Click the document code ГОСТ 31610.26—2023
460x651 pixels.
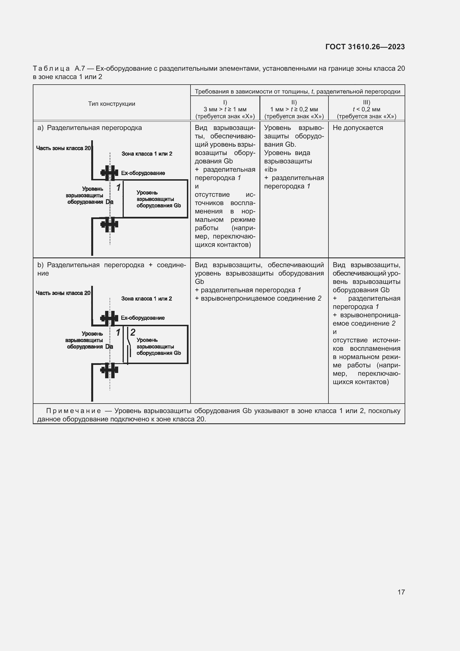point(365,47)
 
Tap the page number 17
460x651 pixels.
point(401,592)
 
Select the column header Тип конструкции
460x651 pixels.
point(112,104)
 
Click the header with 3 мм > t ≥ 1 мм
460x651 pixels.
point(225,109)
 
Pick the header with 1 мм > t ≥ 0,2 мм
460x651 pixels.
point(294,109)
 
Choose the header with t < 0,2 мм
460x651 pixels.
point(367,109)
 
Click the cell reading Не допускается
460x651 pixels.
point(358,128)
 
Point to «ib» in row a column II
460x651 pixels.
point(271,169)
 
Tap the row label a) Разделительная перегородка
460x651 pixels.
point(90,128)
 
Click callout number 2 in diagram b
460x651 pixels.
point(133,332)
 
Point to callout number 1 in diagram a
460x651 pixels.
point(118,187)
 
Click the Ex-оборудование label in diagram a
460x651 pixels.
point(143,173)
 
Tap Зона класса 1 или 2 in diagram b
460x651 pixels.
point(147,299)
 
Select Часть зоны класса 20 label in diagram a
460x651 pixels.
point(63,148)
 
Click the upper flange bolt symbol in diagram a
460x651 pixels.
point(109,173)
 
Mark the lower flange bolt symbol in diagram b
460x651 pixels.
point(109,370)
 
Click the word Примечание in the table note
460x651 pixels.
point(73,411)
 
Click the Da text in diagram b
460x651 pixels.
point(109,347)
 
